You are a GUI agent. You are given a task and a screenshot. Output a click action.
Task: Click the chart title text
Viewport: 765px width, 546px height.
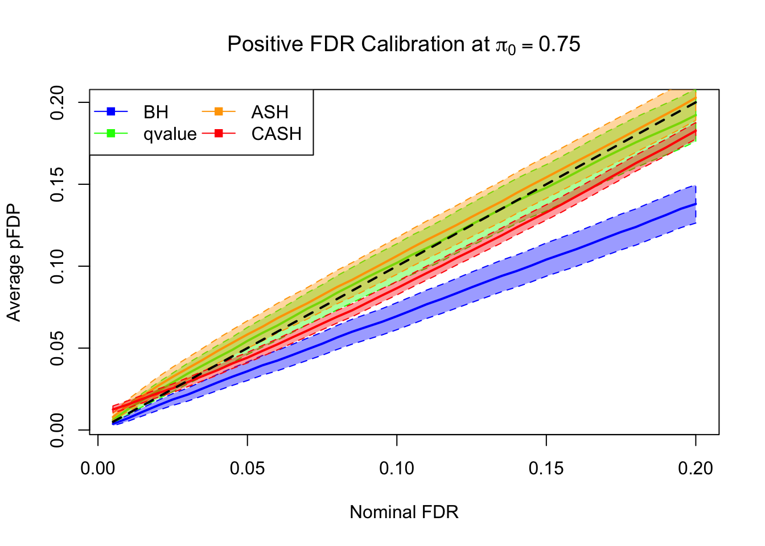[x=404, y=44]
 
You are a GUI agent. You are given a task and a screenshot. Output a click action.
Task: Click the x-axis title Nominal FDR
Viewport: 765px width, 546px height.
[x=404, y=512]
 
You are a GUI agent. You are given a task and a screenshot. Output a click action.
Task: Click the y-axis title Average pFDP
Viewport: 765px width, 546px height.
[x=14, y=262]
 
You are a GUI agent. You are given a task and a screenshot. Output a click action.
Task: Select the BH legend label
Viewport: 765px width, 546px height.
[x=155, y=112]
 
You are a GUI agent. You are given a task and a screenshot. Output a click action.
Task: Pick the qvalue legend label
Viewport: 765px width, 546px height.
[x=170, y=134]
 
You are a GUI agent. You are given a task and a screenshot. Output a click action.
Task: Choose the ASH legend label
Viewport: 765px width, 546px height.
[x=270, y=112]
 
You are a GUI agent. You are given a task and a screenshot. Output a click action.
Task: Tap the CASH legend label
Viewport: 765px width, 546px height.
[x=276, y=134]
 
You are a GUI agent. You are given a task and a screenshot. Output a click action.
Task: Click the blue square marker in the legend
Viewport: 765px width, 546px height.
[x=111, y=111]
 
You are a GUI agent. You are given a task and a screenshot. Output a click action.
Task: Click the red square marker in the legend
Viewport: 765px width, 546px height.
[x=219, y=134]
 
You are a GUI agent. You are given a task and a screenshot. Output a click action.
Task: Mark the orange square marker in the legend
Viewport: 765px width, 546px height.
[x=219, y=111]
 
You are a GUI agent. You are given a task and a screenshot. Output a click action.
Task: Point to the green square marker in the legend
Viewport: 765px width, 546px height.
[x=111, y=134]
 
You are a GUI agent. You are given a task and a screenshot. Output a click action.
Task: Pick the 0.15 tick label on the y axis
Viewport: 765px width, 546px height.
[x=57, y=184]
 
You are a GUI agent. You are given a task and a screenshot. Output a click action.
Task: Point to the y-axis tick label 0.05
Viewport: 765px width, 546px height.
[x=57, y=348]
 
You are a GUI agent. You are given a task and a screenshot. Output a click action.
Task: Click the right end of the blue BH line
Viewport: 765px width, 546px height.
[x=695, y=204]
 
